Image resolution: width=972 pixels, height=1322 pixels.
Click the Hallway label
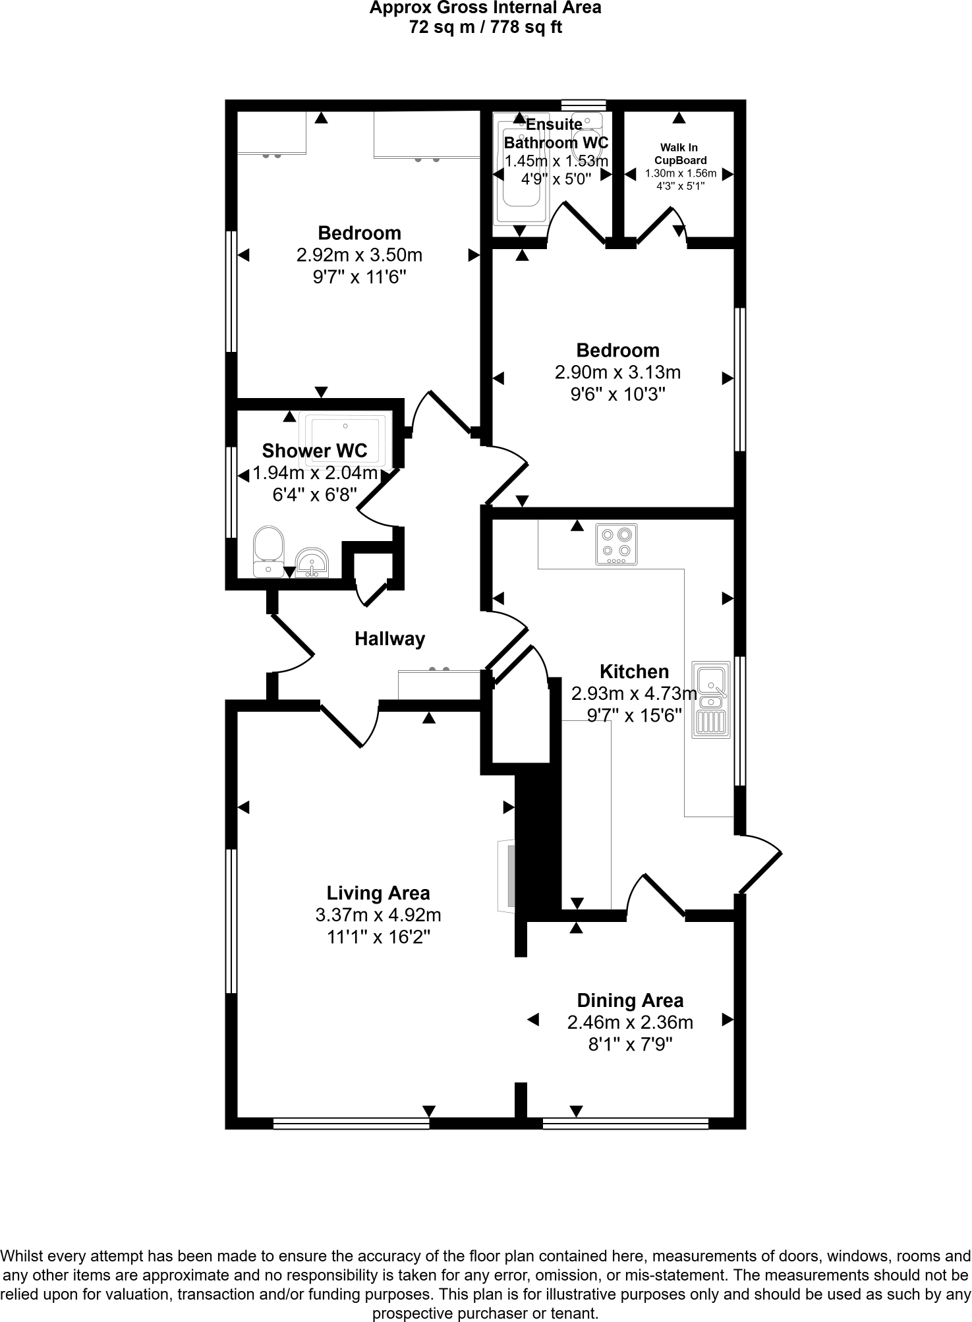coord(389,639)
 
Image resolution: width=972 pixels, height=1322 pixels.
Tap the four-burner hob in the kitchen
coord(617,544)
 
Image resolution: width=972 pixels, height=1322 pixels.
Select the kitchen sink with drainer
coord(711,699)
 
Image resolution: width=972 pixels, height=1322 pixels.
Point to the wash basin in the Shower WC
coord(312,563)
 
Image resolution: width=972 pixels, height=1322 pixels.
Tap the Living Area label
coord(378,893)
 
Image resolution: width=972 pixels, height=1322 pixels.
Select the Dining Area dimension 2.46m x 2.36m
coord(630,1022)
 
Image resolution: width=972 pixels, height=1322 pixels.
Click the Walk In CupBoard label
coord(680,154)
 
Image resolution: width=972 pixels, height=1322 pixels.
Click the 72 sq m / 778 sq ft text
coord(485,28)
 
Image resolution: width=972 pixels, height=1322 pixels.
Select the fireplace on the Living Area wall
coord(506,876)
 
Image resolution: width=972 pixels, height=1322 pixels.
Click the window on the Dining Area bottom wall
coord(625,1124)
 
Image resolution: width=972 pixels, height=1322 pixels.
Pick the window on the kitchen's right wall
coord(740,720)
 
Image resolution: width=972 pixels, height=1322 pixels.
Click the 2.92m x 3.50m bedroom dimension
coord(359,255)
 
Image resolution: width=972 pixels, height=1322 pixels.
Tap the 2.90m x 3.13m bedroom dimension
coord(617,372)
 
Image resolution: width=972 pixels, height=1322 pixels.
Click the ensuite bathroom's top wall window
coord(583,105)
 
